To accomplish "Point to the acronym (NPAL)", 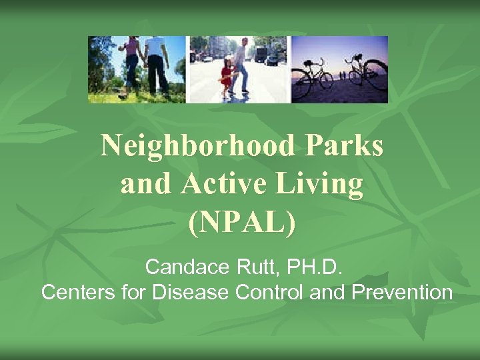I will (x=241, y=223).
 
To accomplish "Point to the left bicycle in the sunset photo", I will (x=316, y=77).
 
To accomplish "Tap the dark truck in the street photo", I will (x=261, y=53).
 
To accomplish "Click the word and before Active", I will (x=145, y=185).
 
